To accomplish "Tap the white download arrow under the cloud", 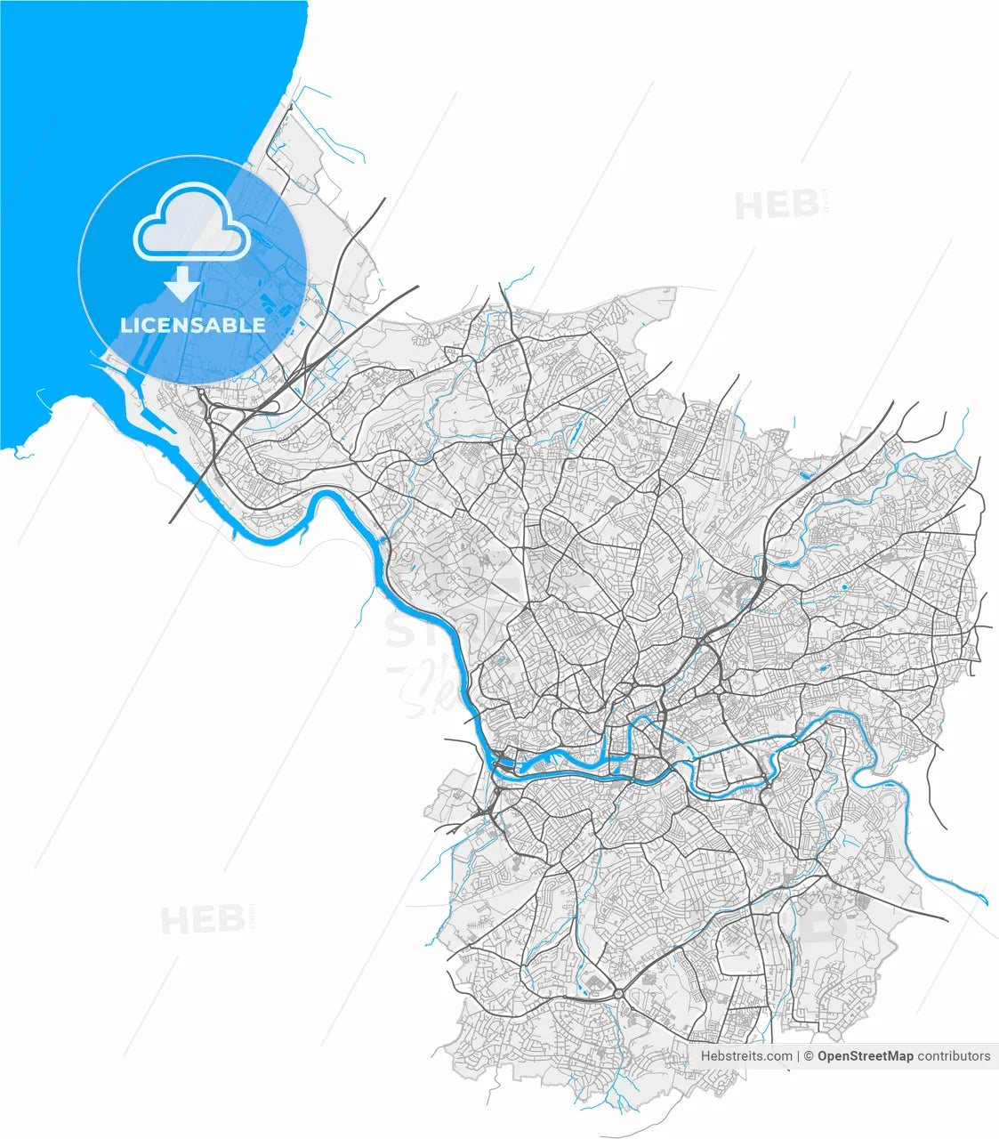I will [x=183, y=284].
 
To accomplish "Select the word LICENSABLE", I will [x=193, y=326].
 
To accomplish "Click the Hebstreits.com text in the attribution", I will [x=746, y=1056].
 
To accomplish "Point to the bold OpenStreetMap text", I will [x=865, y=1056].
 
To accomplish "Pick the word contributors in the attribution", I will [x=954, y=1056].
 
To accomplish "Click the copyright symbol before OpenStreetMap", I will [x=810, y=1056].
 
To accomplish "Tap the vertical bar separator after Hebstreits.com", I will [x=798, y=1056].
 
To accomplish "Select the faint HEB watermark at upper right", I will [x=777, y=206].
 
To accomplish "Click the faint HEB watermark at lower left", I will [x=203, y=920].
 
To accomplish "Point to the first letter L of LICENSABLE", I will [x=125, y=326].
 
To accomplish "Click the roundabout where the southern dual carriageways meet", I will [x=617, y=991].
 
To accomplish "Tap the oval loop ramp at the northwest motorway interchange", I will [x=272, y=407].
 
